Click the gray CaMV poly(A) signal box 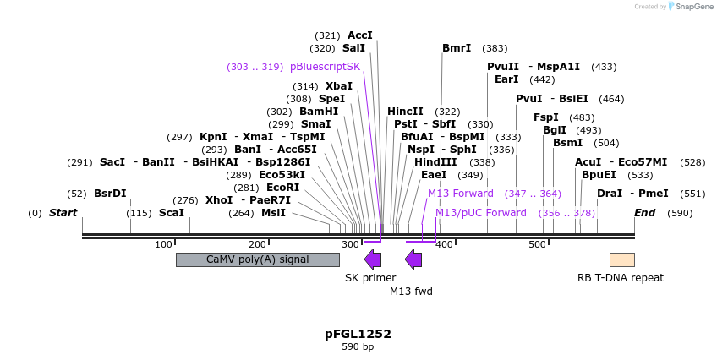click(257, 259)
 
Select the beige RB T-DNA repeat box click(621, 259)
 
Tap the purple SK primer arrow click(373, 259)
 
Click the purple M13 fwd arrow click(413, 259)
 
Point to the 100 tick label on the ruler click(164, 245)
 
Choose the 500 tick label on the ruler click(537, 245)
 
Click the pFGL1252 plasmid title click(358, 334)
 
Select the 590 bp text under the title click(358, 347)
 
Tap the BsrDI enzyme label click(110, 194)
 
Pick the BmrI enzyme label click(457, 48)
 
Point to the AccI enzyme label click(360, 35)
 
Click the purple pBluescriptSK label click(325, 67)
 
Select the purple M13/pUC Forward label click(481, 213)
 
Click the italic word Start click(63, 213)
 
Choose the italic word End click(644, 213)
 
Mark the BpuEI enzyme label click(599, 175)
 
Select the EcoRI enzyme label click(282, 188)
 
